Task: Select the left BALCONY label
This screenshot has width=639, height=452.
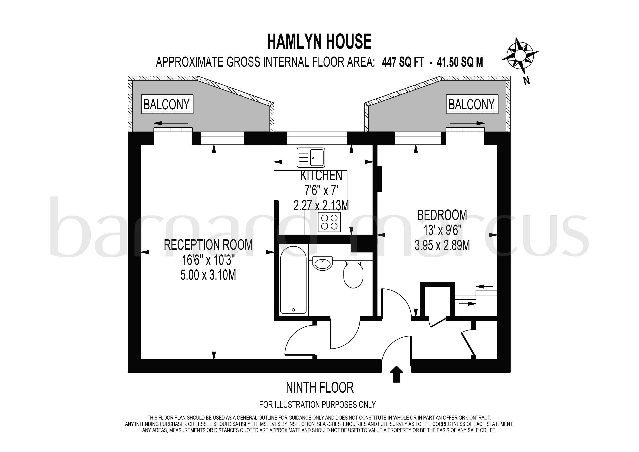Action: tap(167, 105)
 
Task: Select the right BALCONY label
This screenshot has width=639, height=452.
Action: tap(472, 105)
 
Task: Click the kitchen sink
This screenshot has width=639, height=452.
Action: tap(311, 157)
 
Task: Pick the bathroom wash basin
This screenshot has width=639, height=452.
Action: tap(322, 263)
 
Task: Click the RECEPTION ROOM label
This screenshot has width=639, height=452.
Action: tap(208, 245)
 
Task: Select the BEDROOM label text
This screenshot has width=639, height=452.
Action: tap(442, 215)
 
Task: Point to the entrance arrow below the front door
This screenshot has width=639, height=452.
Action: tap(396, 374)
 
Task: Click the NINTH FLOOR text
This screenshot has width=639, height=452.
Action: tap(320, 388)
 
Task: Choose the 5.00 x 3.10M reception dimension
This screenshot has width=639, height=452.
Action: tap(208, 275)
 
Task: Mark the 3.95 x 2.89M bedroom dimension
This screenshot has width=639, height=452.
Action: tap(442, 246)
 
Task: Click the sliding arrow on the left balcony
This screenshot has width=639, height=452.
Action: tap(170, 123)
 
